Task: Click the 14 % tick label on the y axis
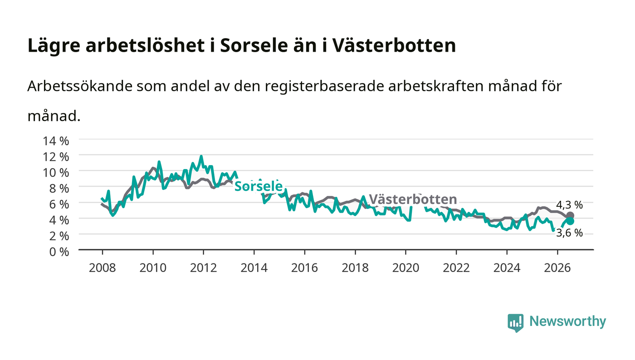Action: point(55,141)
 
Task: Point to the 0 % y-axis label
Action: point(59,252)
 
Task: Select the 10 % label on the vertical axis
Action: point(55,173)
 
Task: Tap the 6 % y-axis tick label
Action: point(59,204)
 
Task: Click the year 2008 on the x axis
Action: point(103,268)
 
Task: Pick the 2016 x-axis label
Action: point(304,268)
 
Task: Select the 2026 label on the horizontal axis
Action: point(557,268)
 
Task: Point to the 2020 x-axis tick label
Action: point(405,268)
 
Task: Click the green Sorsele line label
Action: point(259,186)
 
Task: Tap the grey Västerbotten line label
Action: point(413,199)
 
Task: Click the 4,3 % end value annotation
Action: point(569,204)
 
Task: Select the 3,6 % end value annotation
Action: point(569,233)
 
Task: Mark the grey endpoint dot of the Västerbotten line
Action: point(570,216)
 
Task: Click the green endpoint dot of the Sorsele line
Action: point(570,221)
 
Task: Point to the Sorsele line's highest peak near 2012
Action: point(201,156)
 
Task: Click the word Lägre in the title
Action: point(54,45)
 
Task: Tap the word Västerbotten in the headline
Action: point(394,45)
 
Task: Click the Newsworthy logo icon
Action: point(515,323)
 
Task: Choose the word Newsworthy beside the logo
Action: point(567,321)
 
